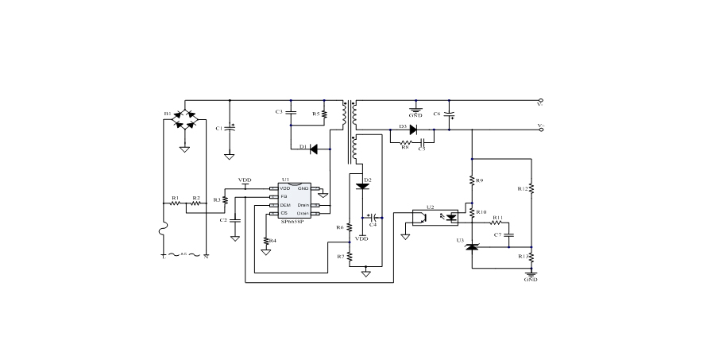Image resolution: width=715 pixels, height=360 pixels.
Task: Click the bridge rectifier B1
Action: click(184, 121)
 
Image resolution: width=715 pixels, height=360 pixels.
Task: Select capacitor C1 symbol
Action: click(230, 127)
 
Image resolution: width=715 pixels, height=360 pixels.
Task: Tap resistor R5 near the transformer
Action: click(324, 114)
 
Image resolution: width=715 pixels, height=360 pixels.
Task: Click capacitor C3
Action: click(291, 113)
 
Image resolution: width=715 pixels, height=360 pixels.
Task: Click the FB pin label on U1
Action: click(284, 196)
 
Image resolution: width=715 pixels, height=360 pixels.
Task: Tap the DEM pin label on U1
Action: click(284, 205)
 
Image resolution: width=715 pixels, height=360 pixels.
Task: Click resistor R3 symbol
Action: click(226, 199)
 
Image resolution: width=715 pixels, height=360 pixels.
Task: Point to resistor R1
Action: click(176, 203)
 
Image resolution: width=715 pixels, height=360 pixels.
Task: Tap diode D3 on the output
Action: click(413, 129)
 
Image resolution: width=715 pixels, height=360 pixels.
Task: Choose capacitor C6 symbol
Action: click(450, 114)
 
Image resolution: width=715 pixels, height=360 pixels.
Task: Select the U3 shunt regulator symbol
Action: click(472, 247)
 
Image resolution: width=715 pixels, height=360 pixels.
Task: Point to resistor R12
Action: click(531, 189)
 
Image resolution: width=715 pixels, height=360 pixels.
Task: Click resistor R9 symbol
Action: click(472, 180)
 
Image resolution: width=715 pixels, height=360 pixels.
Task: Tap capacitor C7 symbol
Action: click(510, 235)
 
